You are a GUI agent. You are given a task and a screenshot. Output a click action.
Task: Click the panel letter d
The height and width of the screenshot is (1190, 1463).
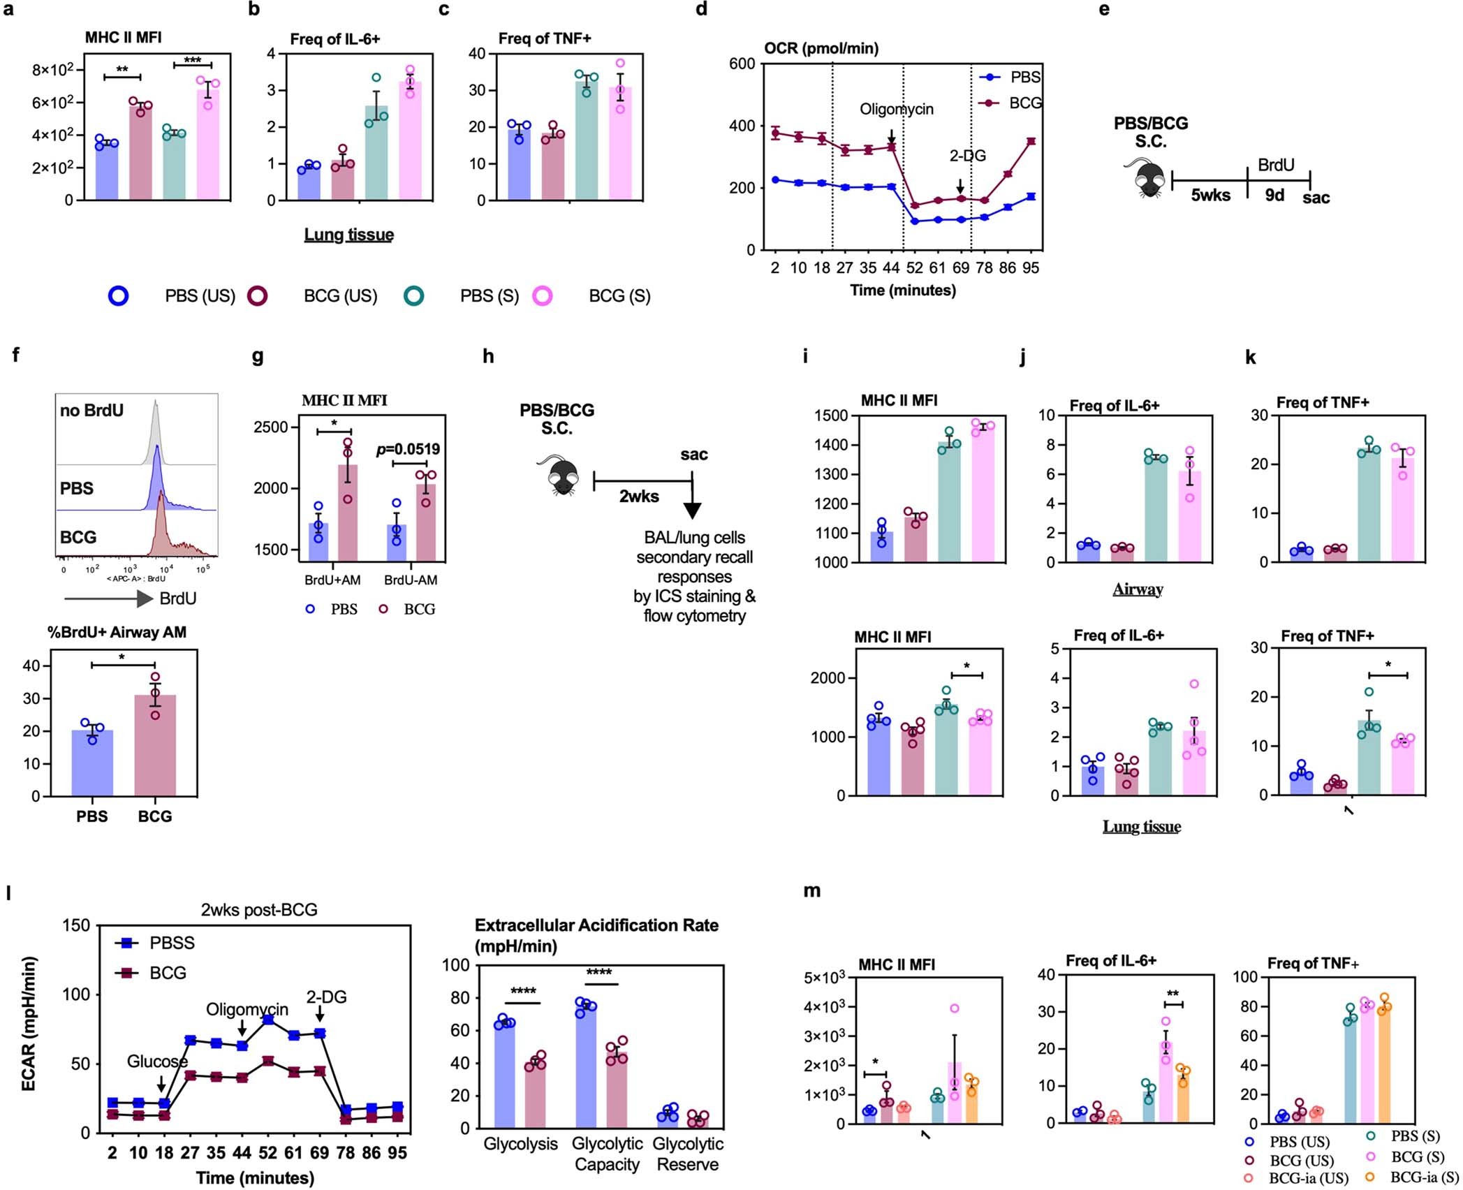(x=701, y=10)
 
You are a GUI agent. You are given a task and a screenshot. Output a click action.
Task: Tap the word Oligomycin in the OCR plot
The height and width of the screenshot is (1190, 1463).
(x=896, y=110)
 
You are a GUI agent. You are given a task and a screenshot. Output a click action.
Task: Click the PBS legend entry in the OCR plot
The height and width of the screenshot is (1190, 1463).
(x=1024, y=78)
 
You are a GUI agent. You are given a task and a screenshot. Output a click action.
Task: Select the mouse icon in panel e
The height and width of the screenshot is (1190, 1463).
(x=1147, y=178)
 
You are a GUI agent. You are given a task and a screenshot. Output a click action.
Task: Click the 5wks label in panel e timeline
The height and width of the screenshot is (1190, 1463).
(x=1210, y=196)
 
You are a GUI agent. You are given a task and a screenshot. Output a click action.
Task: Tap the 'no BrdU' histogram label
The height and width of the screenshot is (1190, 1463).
(x=91, y=411)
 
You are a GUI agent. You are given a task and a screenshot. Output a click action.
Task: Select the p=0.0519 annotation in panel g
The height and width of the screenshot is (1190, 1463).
(x=409, y=450)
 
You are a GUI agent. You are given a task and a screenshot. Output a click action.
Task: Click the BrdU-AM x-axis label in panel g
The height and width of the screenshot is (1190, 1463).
(x=411, y=580)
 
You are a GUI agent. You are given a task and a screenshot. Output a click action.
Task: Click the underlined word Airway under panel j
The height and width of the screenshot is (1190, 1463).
(x=1138, y=589)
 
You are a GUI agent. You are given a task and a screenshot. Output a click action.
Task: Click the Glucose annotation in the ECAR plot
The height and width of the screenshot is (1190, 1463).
(x=157, y=1062)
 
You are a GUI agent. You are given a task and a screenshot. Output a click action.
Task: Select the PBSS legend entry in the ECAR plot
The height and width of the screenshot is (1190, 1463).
(x=171, y=943)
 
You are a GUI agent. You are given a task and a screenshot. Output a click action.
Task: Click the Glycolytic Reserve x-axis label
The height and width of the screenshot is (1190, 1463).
(x=687, y=1153)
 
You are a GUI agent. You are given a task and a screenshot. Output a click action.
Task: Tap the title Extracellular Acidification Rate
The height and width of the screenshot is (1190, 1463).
(x=596, y=925)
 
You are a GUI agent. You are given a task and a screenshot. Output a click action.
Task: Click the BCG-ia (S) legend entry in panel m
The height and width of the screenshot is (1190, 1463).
(x=1424, y=1177)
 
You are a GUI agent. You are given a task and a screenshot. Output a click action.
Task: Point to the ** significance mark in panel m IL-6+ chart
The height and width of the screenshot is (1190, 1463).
(x=1172, y=994)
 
